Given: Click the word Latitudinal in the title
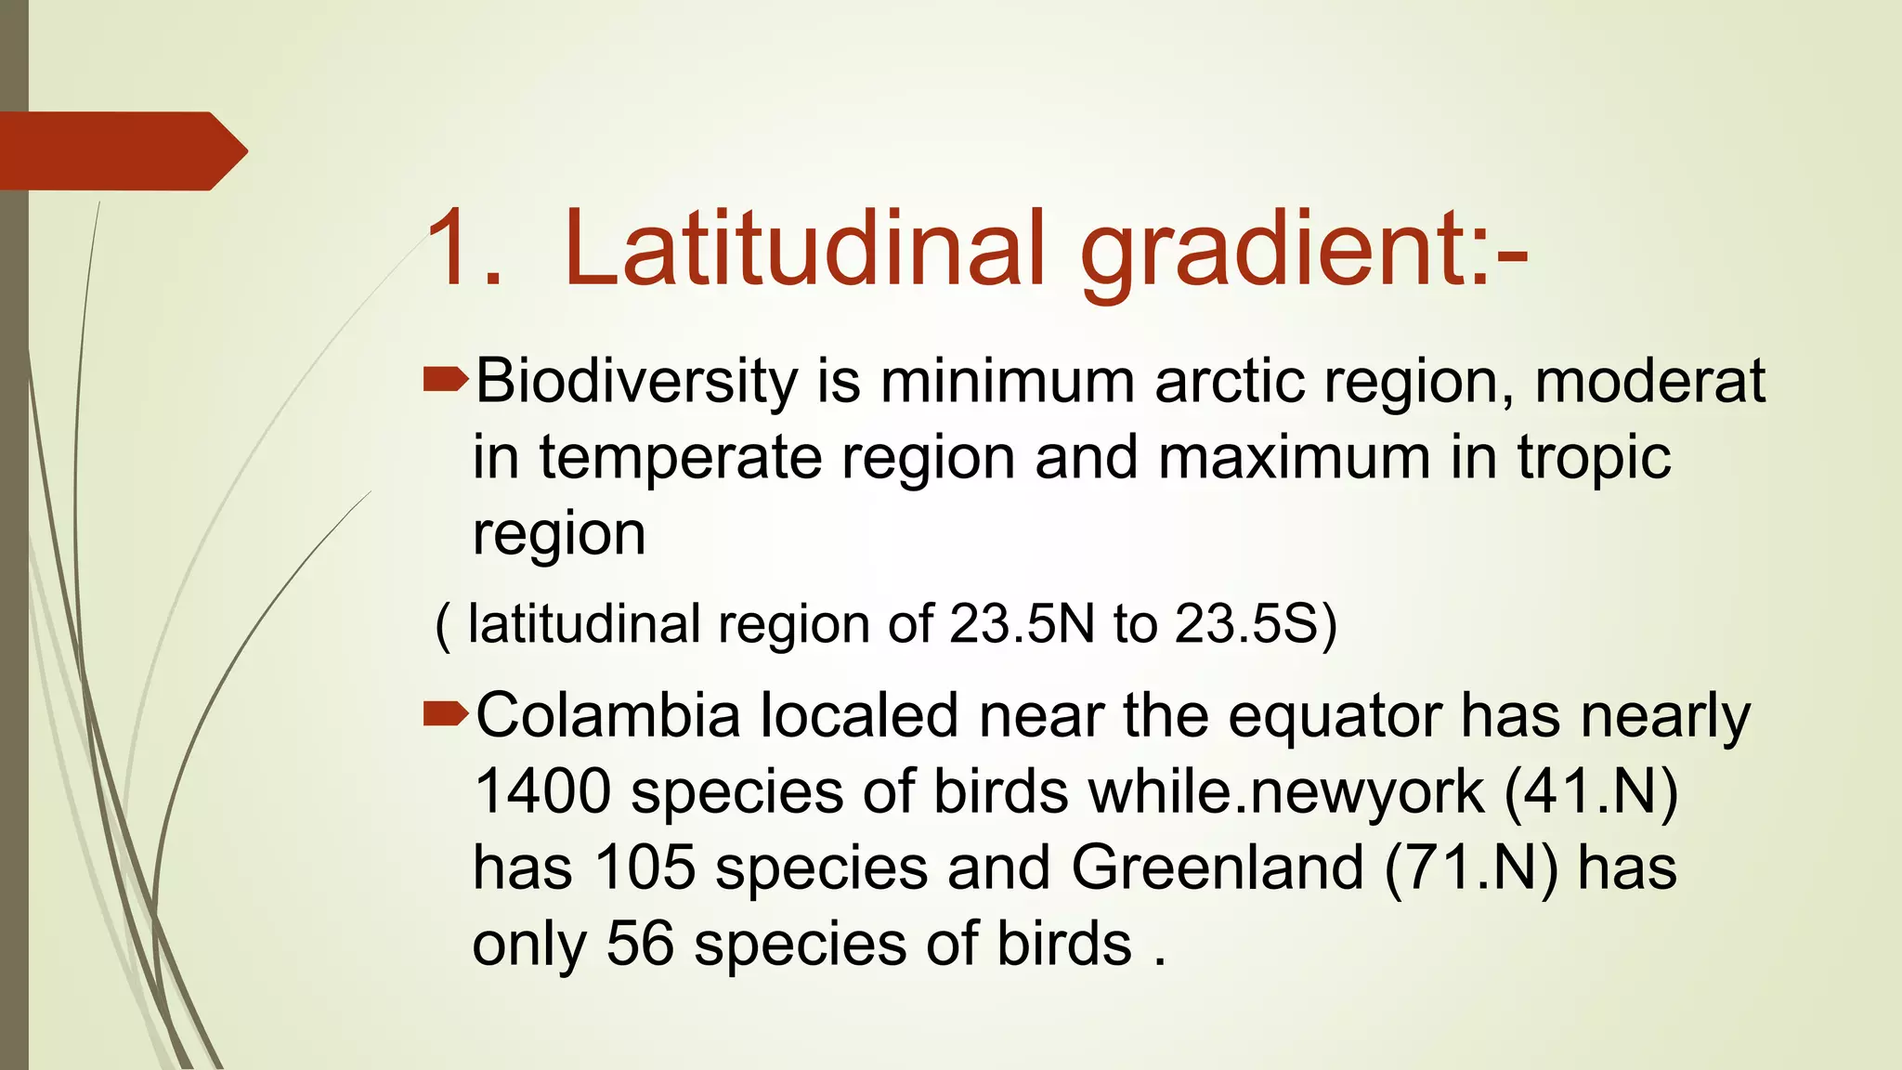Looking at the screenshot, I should click(x=804, y=249).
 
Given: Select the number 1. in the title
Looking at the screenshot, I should click(x=464, y=249).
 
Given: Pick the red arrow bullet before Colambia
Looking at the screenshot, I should click(x=446, y=712).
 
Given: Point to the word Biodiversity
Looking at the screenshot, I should click(x=637, y=382).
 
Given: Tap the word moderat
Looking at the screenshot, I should click(x=1649, y=382).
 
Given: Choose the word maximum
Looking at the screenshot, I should click(x=1295, y=458).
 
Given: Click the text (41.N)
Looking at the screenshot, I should click(x=1591, y=792).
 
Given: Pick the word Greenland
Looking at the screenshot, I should click(x=1218, y=868).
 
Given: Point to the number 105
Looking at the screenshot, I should click(x=645, y=868).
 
